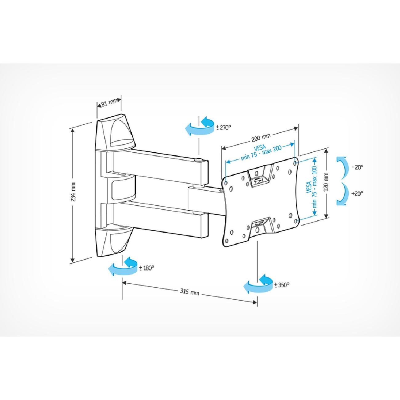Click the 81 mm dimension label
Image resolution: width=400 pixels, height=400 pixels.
[x=109, y=103]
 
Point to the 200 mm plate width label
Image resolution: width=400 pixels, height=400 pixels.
[x=261, y=138]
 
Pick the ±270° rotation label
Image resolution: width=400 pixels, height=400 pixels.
[x=223, y=127]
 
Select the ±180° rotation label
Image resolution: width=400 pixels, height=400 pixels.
[x=146, y=268]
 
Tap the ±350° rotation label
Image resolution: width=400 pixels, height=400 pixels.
[x=282, y=285]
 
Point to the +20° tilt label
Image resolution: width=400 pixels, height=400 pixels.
[x=358, y=194]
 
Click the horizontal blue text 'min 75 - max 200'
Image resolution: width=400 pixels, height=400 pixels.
[x=261, y=153]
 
